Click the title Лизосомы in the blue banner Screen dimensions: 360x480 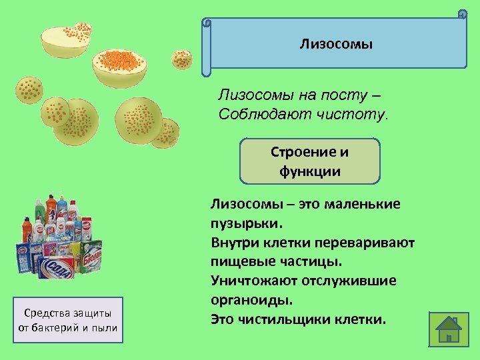tap(336, 45)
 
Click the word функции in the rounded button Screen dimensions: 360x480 tap(309, 171)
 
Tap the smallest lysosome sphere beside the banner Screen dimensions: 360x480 tap(182, 59)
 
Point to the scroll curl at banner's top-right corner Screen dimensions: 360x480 tap(461, 14)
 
